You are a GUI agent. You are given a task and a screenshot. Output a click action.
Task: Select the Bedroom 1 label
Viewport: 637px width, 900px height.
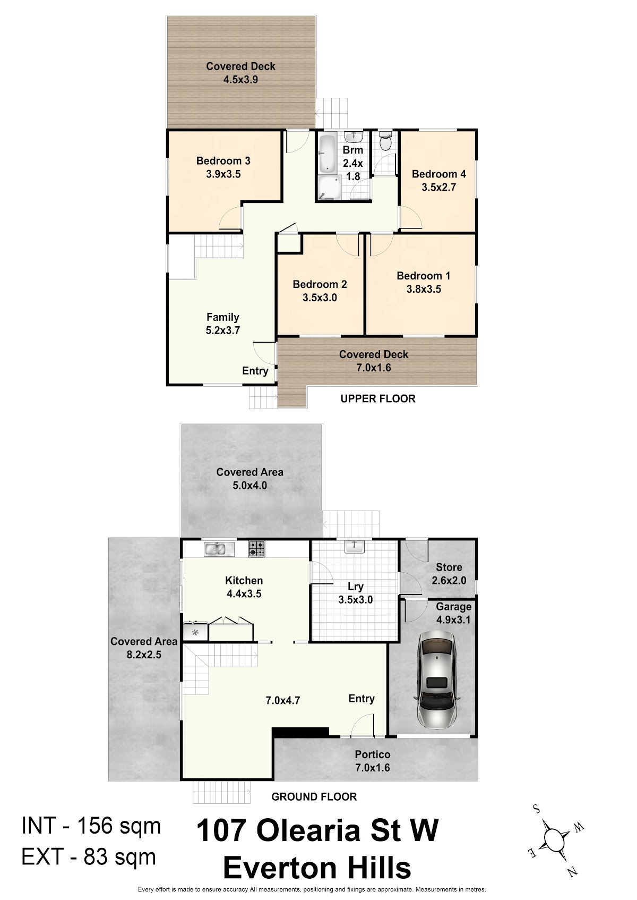click(x=424, y=276)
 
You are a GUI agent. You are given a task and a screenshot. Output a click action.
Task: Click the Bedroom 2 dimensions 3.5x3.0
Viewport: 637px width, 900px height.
click(x=320, y=298)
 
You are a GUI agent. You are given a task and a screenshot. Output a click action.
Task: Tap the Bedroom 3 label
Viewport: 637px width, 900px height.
click(x=223, y=160)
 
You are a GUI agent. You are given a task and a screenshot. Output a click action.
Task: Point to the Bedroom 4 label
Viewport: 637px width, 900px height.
click(x=438, y=174)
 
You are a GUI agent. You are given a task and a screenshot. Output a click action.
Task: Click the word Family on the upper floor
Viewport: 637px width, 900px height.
click(x=223, y=317)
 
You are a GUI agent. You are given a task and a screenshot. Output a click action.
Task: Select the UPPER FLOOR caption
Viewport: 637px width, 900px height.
click(x=378, y=398)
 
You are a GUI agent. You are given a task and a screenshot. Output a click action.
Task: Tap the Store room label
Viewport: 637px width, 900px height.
click(x=449, y=567)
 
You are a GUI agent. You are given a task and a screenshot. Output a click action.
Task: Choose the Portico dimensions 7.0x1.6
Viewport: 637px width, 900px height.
click(x=373, y=768)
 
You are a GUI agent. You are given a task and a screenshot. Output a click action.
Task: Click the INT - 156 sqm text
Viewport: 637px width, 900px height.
click(x=91, y=826)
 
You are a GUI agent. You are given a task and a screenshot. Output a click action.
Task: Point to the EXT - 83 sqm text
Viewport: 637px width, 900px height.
click(x=89, y=856)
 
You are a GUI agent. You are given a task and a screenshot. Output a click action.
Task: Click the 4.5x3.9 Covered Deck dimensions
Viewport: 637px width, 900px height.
click(x=241, y=80)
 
